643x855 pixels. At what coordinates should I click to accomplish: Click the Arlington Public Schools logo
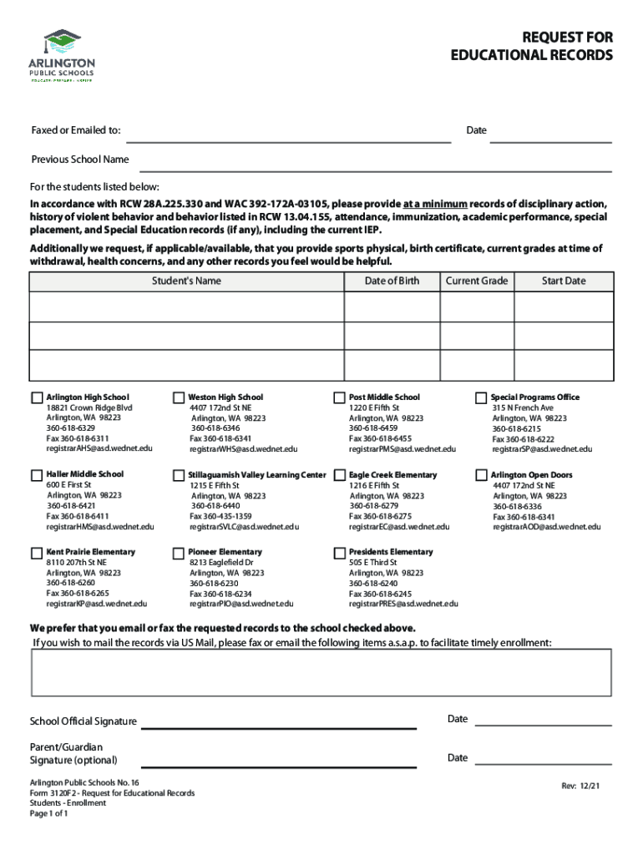pyautogui.click(x=63, y=55)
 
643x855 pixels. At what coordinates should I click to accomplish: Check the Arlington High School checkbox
pyautogui.click(x=37, y=397)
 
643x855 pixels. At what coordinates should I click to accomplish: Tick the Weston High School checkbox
pyautogui.click(x=179, y=397)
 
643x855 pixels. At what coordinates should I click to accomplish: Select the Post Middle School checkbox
pyautogui.click(x=340, y=397)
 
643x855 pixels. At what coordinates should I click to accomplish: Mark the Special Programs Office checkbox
pyautogui.click(x=482, y=397)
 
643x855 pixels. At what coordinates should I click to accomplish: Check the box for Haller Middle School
pyautogui.click(x=37, y=475)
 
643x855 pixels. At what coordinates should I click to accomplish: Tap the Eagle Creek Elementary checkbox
pyautogui.click(x=340, y=475)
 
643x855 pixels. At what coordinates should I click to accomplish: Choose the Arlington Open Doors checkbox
pyautogui.click(x=482, y=475)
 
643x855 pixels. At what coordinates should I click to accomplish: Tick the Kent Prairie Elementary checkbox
pyautogui.click(x=37, y=553)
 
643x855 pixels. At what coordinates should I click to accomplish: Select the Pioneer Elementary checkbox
pyautogui.click(x=179, y=553)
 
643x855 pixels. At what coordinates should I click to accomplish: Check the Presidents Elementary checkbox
pyautogui.click(x=340, y=553)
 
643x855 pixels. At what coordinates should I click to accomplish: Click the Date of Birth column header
pyautogui.click(x=392, y=281)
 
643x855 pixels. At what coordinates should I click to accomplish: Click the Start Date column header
pyautogui.click(x=564, y=281)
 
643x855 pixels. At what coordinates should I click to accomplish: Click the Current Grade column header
pyautogui.click(x=476, y=281)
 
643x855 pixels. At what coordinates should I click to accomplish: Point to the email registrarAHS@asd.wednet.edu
pyautogui.click(x=99, y=449)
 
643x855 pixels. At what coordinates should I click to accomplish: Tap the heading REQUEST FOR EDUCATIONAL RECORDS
pyautogui.click(x=532, y=47)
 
